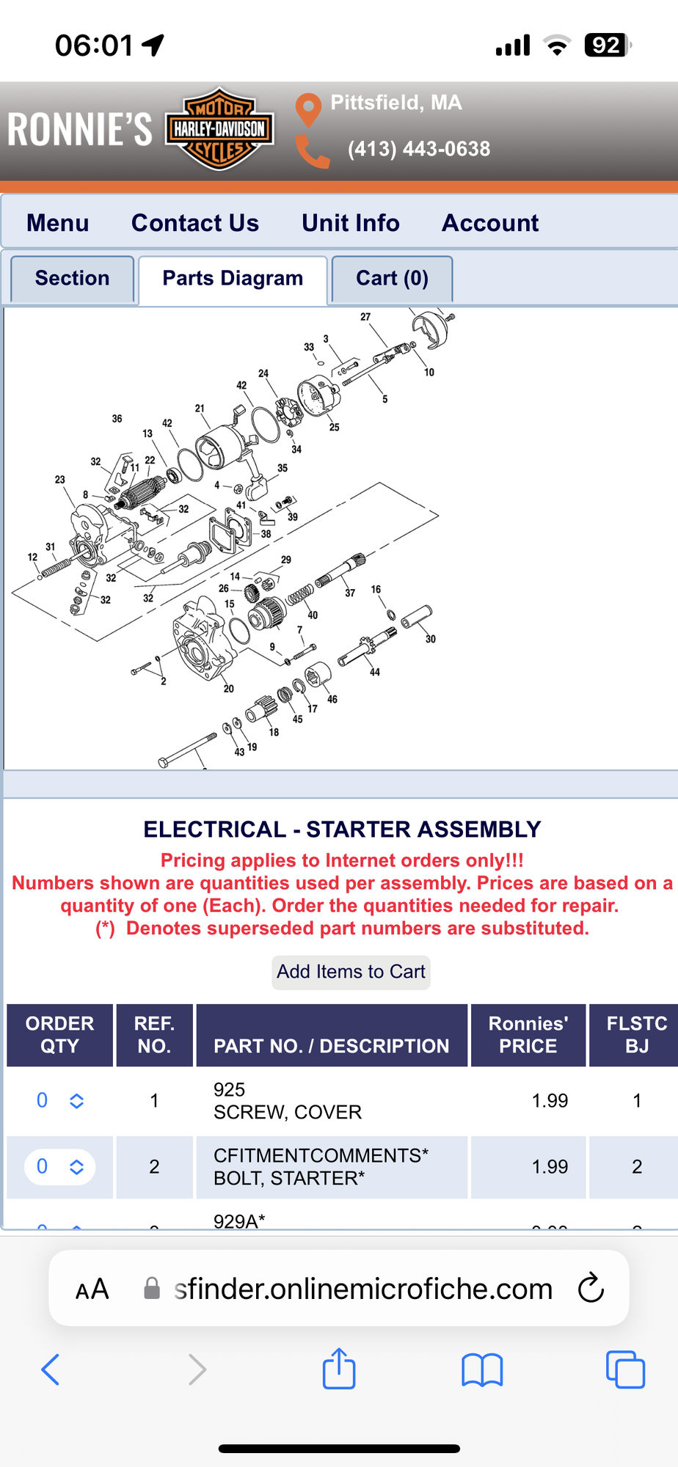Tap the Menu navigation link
point(58,223)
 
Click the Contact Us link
point(195,223)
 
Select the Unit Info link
point(351,223)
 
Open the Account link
point(490,223)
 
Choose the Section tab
point(72,279)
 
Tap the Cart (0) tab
point(392,279)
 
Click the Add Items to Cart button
point(351,972)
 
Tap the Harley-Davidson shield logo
point(219,129)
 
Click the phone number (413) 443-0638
point(418,149)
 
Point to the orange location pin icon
point(308,109)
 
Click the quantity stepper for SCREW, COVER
point(76,1101)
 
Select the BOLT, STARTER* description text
point(289,1179)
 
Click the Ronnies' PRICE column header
point(528,1035)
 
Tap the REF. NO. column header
point(154,1035)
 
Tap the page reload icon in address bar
point(591,1289)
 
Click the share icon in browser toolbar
point(339,1369)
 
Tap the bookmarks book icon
point(482,1369)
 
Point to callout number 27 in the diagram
point(365,317)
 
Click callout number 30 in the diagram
point(431,639)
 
